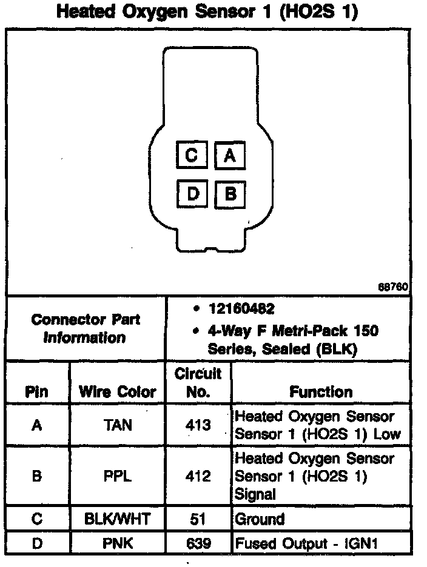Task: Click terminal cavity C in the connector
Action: pyautogui.click(x=192, y=156)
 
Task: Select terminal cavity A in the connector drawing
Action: pyautogui.click(x=229, y=156)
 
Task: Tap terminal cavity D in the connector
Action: pyautogui.click(x=192, y=194)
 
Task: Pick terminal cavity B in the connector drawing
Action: pyautogui.click(x=229, y=194)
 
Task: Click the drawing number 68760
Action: pyautogui.click(x=393, y=287)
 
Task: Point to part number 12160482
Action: pyautogui.click(x=241, y=309)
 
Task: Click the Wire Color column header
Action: pyautogui.click(x=118, y=392)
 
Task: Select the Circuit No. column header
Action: pyautogui.click(x=198, y=382)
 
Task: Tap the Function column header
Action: pyautogui.click(x=320, y=392)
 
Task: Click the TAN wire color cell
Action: pyautogui.click(x=118, y=425)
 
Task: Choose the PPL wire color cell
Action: pyautogui.click(x=118, y=476)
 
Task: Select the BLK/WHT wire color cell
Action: pyautogui.click(x=118, y=519)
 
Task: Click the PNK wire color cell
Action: pyautogui.click(x=118, y=543)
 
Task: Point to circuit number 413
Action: pyautogui.click(x=198, y=425)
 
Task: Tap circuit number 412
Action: pyautogui.click(x=198, y=476)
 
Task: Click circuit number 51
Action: pyautogui.click(x=198, y=519)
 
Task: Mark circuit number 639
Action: pyautogui.click(x=198, y=543)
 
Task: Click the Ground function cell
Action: pyautogui.click(x=260, y=519)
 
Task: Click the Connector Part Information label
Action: pyautogui.click(x=86, y=328)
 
